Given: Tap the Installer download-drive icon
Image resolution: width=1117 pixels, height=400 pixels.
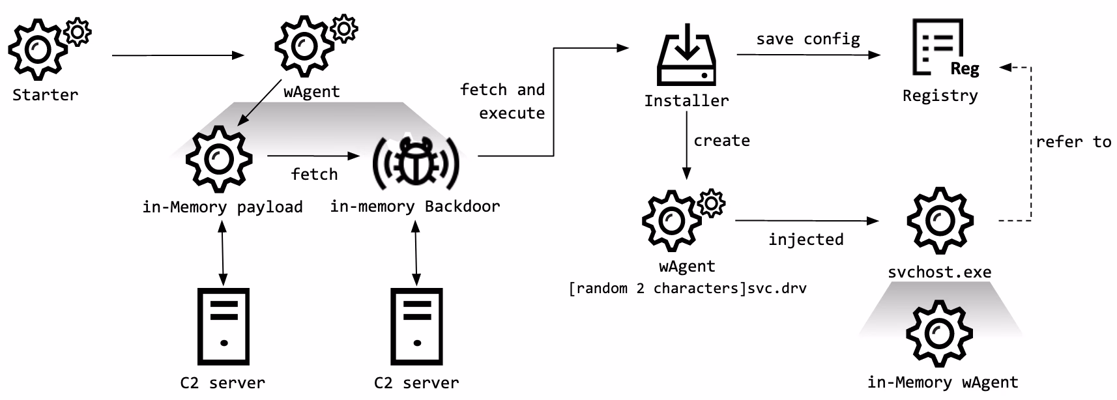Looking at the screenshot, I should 686,55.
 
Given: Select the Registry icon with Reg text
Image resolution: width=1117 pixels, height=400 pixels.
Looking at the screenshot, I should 942,48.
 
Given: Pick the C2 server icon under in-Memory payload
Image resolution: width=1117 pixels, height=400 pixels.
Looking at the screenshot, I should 224,326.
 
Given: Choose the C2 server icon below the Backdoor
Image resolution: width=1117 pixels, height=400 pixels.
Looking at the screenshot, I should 416,326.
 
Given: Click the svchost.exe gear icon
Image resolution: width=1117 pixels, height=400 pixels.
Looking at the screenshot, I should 940,220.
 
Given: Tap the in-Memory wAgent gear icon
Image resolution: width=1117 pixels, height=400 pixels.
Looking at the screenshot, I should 939,334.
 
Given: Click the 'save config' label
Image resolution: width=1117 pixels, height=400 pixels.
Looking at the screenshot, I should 808,39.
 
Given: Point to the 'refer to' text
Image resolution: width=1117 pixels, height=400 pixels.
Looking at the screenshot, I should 1073,142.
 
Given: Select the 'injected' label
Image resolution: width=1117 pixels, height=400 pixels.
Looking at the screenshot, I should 805,240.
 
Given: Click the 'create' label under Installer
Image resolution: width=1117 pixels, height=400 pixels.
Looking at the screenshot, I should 721,141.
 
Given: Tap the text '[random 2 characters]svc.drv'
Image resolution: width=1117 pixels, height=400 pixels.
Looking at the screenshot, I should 688,288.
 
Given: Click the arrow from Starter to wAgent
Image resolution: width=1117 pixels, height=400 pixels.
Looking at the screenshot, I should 177,55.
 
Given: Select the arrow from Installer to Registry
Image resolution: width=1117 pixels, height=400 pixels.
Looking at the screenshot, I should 808,55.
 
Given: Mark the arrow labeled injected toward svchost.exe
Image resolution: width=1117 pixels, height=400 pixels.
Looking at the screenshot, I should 806,221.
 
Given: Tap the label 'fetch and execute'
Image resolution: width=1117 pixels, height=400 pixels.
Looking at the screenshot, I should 503,101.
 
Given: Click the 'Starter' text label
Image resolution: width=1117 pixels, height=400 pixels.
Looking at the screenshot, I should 45,95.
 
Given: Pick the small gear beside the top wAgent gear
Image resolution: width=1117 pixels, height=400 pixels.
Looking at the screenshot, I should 343,29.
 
